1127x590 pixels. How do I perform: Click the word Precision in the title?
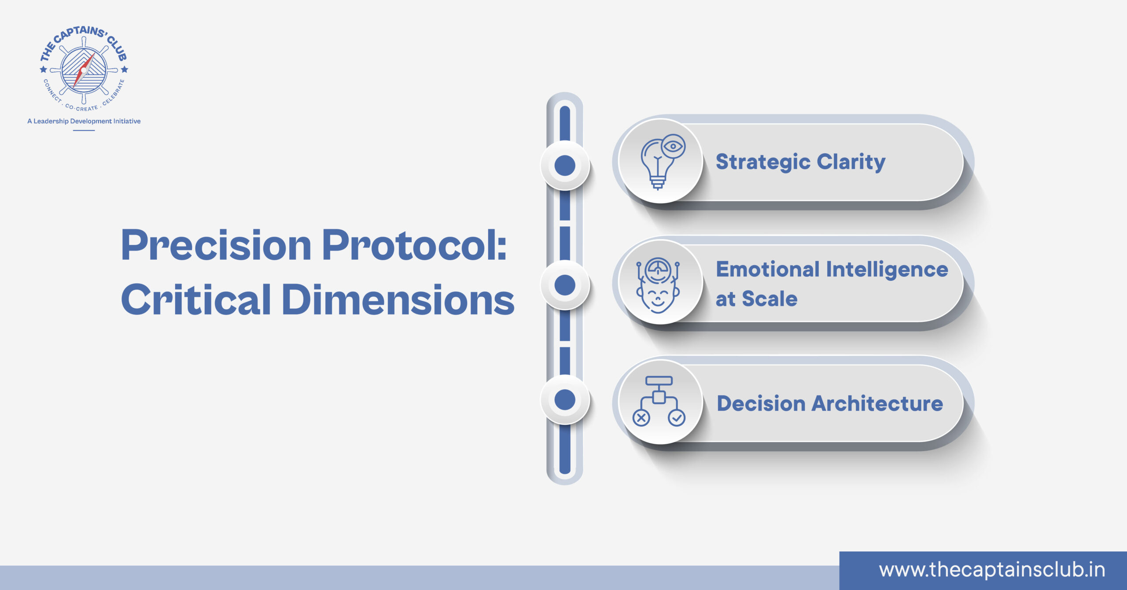pos(216,245)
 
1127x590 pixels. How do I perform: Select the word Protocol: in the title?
pos(414,245)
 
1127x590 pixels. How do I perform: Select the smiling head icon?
pos(658,285)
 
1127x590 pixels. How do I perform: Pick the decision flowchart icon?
pos(659,401)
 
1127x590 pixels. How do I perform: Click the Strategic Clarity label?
pos(800,162)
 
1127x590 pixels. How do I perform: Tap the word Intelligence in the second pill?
pos(887,270)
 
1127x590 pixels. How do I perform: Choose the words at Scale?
pos(756,299)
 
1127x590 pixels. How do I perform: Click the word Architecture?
pos(877,403)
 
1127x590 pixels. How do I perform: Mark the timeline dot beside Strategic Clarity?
pos(565,166)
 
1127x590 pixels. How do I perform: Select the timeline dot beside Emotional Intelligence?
pos(565,285)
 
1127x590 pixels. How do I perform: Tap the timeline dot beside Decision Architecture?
pos(565,400)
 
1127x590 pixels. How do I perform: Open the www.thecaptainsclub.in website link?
pos(992,570)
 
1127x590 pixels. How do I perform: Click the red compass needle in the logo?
pos(84,70)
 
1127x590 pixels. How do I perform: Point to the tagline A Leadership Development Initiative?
pos(84,121)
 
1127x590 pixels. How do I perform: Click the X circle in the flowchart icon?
pos(641,418)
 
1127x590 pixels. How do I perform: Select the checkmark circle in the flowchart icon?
pos(677,418)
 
